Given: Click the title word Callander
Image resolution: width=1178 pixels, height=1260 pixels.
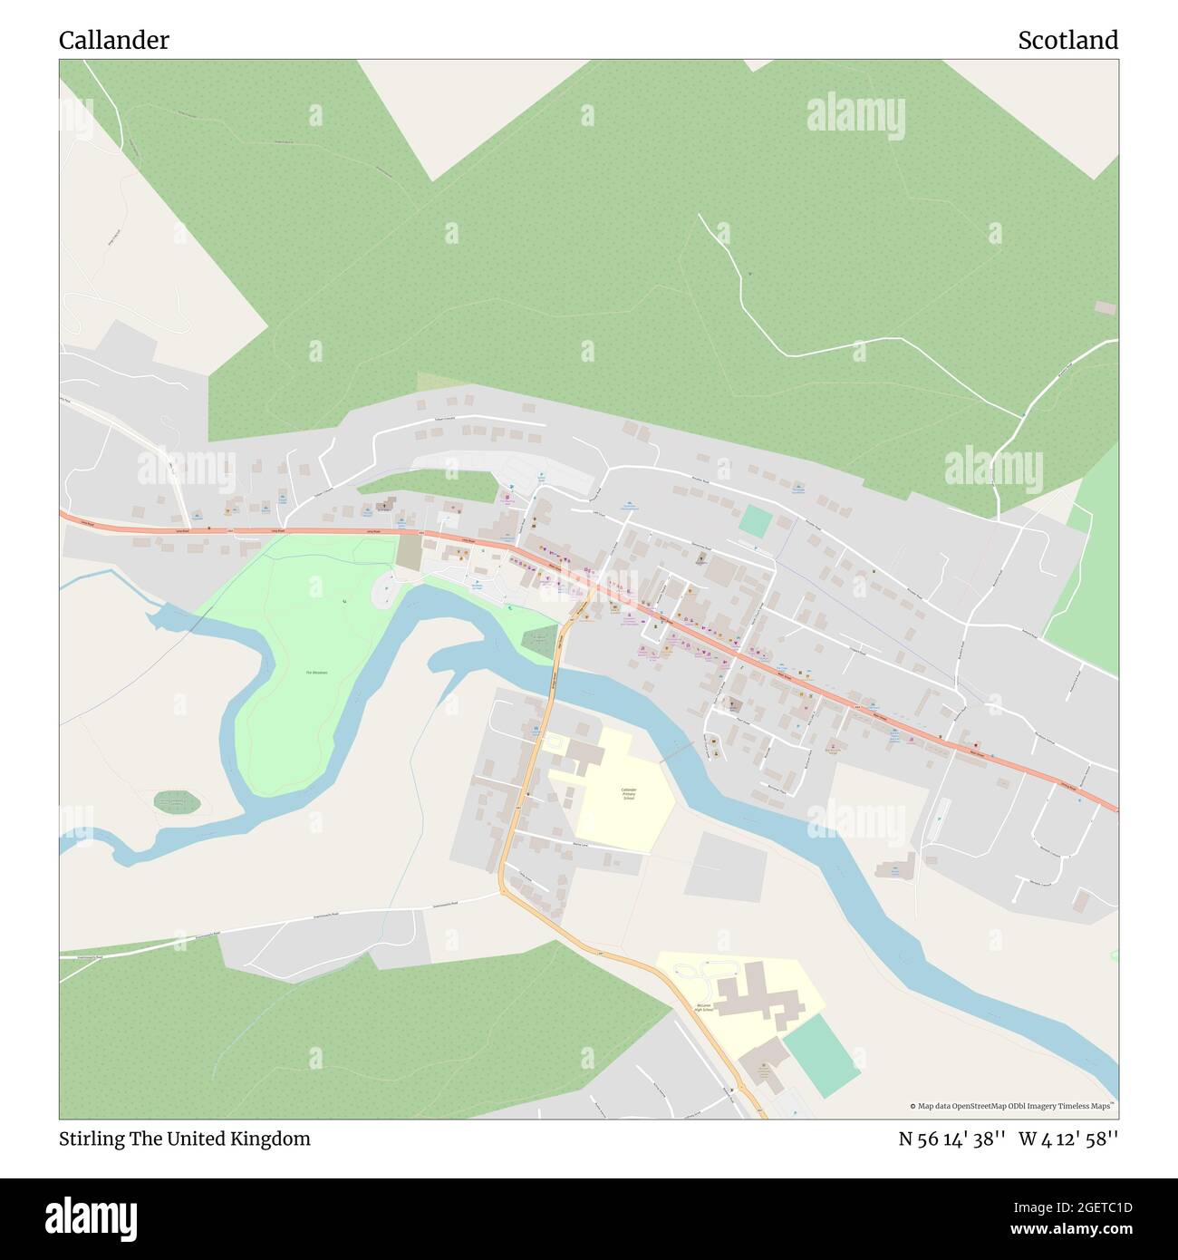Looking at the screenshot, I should click(x=113, y=41).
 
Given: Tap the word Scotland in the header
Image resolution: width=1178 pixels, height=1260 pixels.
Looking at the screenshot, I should click(x=1067, y=41).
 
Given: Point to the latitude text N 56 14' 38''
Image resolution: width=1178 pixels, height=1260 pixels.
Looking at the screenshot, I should click(x=952, y=1139).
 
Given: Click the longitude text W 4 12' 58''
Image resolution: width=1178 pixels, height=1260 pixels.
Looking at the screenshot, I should click(x=1068, y=1139).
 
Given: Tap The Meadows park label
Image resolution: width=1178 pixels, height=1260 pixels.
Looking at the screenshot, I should click(x=316, y=673).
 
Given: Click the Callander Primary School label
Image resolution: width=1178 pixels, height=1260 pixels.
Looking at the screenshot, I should click(x=628, y=794).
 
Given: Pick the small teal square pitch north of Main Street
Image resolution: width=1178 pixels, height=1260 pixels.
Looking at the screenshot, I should click(x=754, y=521).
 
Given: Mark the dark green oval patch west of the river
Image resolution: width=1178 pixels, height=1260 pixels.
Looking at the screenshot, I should click(x=177, y=801).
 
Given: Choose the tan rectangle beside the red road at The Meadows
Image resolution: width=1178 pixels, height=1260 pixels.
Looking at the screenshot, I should click(x=409, y=553).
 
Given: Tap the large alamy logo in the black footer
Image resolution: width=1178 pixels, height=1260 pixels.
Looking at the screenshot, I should click(x=92, y=1216).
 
